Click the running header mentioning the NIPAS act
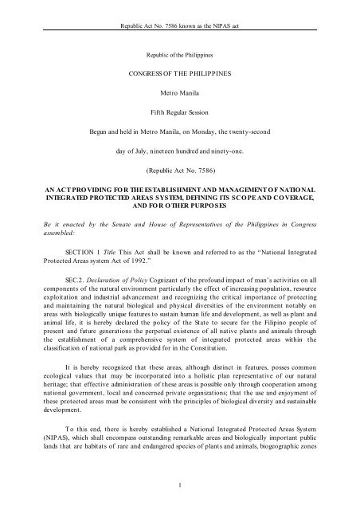point(179,14)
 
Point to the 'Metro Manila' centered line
point(179,102)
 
